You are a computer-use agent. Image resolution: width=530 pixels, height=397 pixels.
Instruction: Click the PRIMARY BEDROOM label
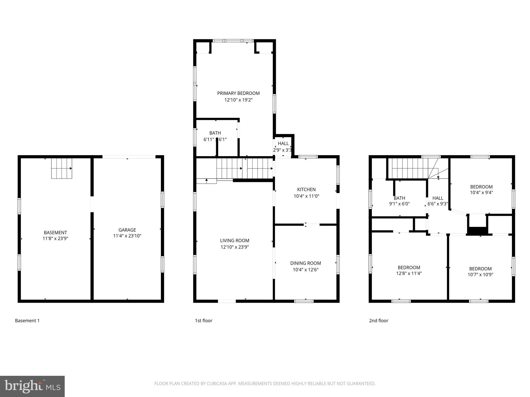click(238, 93)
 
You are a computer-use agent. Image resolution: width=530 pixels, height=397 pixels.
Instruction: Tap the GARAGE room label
click(127, 230)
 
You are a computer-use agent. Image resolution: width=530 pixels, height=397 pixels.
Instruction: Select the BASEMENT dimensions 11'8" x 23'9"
click(55, 238)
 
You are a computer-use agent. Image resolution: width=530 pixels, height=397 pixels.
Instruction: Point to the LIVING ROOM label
click(234, 241)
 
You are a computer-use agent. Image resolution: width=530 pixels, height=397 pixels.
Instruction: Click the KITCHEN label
click(306, 189)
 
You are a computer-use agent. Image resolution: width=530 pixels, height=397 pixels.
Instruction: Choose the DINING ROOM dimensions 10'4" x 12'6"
click(305, 270)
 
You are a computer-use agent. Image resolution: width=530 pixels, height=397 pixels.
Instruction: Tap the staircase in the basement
click(62, 168)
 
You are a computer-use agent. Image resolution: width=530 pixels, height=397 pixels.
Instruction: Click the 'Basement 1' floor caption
click(27, 320)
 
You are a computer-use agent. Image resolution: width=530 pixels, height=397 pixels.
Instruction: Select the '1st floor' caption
click(203, 320)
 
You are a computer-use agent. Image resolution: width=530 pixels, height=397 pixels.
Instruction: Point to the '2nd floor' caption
click(378, 320)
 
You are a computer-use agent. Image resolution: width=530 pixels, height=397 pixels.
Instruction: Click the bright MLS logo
click(32, 386)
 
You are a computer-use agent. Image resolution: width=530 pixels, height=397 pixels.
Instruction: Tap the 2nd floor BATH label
click(399, 198)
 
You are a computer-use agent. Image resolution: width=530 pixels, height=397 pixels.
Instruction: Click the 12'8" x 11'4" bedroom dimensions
click(409, 273)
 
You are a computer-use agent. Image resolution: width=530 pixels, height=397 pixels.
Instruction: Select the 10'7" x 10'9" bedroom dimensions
click(480, 274)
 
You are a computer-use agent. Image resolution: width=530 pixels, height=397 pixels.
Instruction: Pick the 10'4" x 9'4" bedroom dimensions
click(481, 193)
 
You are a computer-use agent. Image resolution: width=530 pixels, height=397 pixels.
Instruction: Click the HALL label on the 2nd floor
click(438, 198)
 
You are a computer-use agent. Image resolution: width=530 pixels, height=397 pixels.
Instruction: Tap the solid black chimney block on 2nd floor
click(477, 231)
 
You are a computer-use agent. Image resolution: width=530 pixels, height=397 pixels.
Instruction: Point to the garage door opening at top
click(129, 157)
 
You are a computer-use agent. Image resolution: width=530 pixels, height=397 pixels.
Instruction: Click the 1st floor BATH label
click(215, 133)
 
